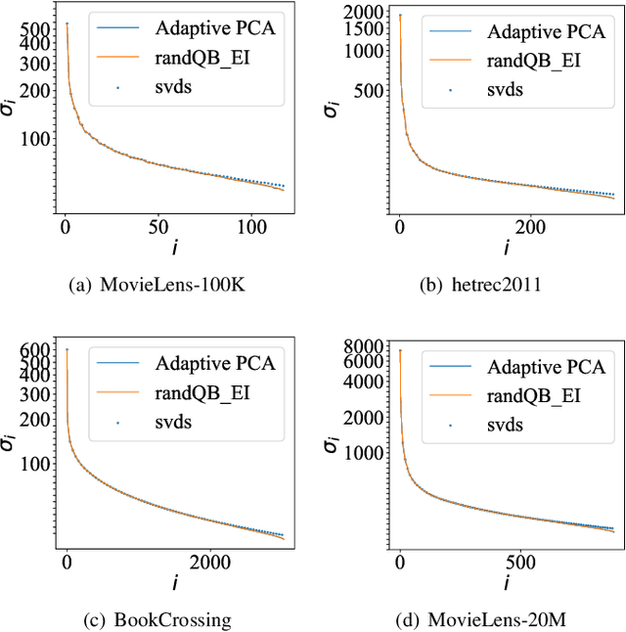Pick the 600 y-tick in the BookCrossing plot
click(x=34, y=349)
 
